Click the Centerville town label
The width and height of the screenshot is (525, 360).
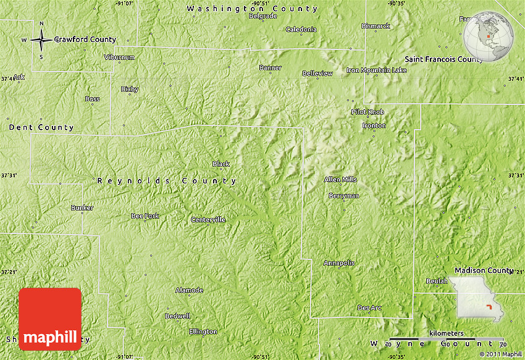point(208,219)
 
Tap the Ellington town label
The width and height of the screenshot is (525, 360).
point(203,332)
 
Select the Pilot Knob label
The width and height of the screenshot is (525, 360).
point(367,112)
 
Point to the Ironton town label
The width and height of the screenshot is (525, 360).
point(374,125)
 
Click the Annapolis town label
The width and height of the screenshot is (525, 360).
point(339,262)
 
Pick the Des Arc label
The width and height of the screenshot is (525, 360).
point(369,308)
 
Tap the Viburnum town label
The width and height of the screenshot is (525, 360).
point(119,57)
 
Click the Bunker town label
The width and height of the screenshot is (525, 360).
point(82,207)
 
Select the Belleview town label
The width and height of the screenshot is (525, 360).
point(317,73)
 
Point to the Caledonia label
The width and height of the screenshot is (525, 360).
point(301,29)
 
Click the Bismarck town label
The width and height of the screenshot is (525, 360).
point(376,26)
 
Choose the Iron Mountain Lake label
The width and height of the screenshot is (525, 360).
point(377,70)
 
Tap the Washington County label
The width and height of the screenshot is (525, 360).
point(253,9)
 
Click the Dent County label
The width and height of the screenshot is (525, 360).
point(41,127)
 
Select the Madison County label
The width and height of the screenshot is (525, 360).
point(484,270)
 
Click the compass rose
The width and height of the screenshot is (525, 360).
point(41,41)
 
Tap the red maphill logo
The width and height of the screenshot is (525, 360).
point(50,319)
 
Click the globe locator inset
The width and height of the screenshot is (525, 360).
point(489,37)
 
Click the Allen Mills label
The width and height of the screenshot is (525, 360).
point(340,179)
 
